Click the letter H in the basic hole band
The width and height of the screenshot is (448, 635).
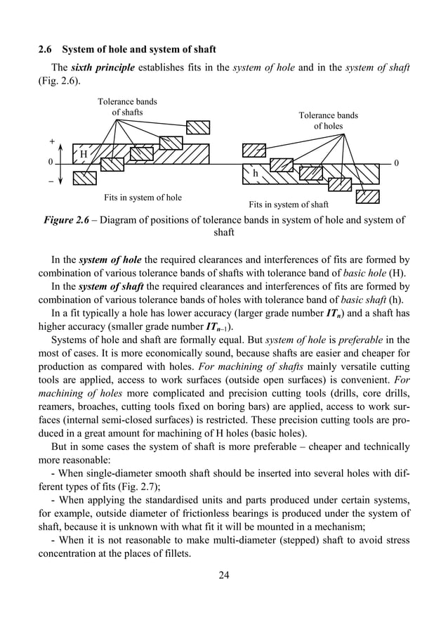pyautogui.click(x=84, y=155)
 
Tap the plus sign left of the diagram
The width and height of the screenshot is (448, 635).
pyautogui.click(x=52, y=141)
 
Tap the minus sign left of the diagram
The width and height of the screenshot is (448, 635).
pyautogui.click(x=52, y=181)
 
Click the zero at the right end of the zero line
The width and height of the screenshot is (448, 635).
pyautogui.click(x=397, y=163)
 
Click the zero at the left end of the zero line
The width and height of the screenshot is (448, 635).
pyautogui.click(x=50, y=163)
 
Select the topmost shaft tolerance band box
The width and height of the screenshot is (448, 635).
pyautogui.click(x=198, y=127)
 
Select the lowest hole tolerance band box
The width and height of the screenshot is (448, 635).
pyautogui.click(x=367, y=196)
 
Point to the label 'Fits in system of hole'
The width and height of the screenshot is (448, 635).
pyautogui.click(x=143, y=198)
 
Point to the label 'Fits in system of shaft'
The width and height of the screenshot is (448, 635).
pyautogui.click(x=289, y=205)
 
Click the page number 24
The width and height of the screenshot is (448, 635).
pyautogui.click(x=224, y=577)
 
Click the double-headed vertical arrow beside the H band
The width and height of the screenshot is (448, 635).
pyautogui.click(x=61, y=163)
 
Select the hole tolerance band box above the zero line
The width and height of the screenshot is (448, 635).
pyautogui.click(x=253, y=150)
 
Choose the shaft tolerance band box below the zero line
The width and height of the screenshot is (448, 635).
pyautogui.click(x=84, y=178)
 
